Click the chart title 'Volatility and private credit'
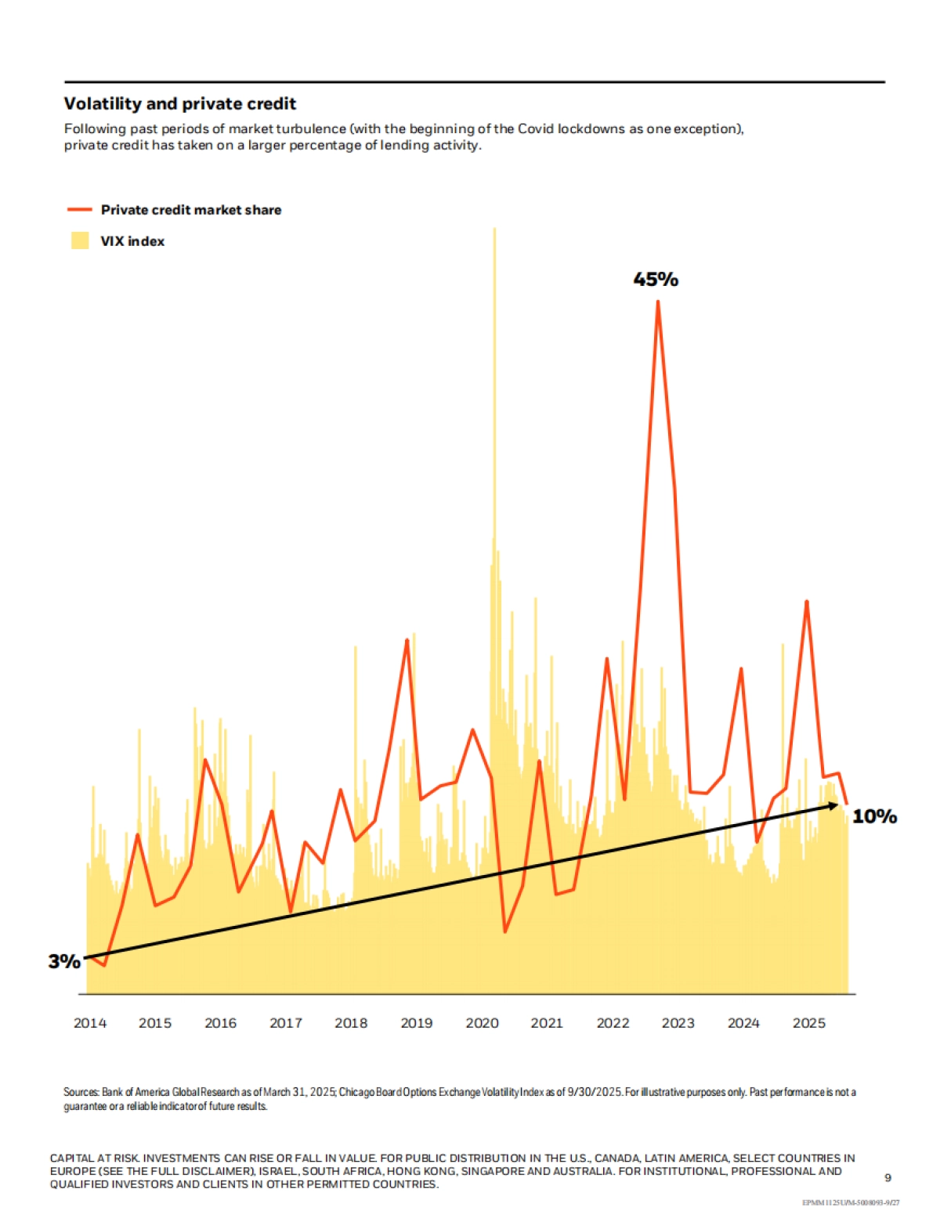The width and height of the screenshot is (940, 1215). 180,103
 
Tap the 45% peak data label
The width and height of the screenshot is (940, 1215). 656,279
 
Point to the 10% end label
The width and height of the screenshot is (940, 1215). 874,816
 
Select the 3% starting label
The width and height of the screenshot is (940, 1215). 64,961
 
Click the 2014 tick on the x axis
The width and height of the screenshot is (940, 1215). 90,1023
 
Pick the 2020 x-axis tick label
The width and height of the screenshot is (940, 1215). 482,1023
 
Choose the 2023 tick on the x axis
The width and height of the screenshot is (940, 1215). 678,1023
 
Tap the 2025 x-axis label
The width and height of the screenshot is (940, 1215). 808,1023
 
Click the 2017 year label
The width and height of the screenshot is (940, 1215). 286,1023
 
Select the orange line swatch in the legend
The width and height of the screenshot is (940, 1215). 80,209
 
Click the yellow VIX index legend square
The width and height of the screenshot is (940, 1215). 80,240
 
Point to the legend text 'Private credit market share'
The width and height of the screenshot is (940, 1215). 191,209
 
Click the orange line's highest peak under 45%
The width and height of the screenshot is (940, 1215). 658,302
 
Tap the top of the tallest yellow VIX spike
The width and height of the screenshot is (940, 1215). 494,229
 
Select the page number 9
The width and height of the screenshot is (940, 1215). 888,1177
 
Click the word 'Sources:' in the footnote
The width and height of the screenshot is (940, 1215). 81,1092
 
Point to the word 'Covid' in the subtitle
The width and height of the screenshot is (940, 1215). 536,128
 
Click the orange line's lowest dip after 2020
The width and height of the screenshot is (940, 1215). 505,931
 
